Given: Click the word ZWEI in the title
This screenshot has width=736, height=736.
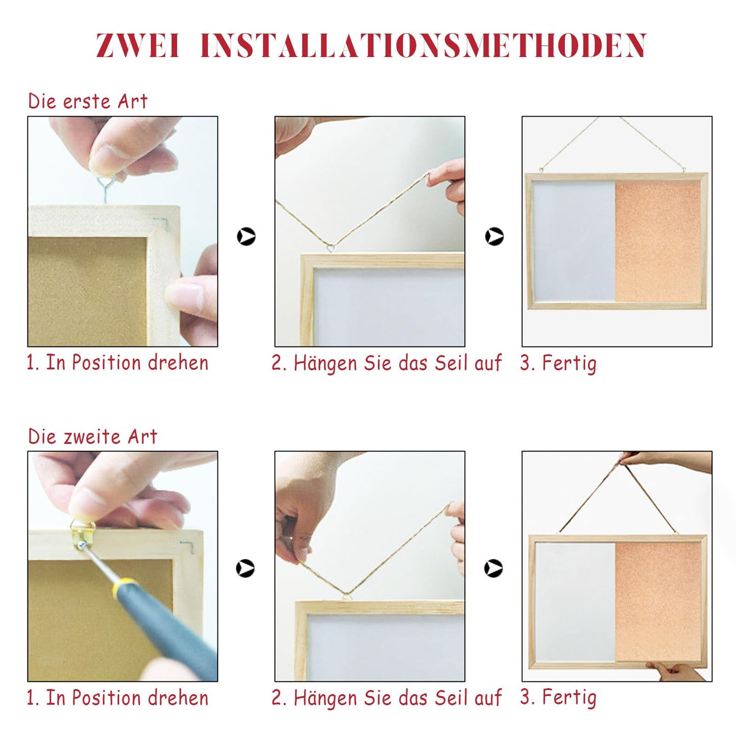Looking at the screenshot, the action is (x=138, y=45).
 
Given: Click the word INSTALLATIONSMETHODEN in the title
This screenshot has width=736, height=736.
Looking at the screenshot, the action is (x=423, y=45).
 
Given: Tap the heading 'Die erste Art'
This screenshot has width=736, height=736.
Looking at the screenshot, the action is (x=88, y=101).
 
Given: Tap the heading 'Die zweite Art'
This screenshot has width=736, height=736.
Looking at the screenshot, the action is (x=92, y=436).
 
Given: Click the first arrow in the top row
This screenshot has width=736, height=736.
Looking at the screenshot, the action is (x=246, y=236).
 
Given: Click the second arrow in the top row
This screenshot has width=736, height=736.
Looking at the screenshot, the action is (x=494, y=236).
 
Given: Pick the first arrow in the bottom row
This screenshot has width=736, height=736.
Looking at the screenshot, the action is (x=245, y=568).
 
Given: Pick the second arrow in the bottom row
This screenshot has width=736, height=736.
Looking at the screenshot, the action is (x=494, y=568).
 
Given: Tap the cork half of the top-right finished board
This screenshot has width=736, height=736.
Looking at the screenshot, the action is (x=658, y=241).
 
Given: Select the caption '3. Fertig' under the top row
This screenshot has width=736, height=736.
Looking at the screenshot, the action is (x=558, y=363).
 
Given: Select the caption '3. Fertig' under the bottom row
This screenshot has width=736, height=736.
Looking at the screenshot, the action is (x=558, y=697).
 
